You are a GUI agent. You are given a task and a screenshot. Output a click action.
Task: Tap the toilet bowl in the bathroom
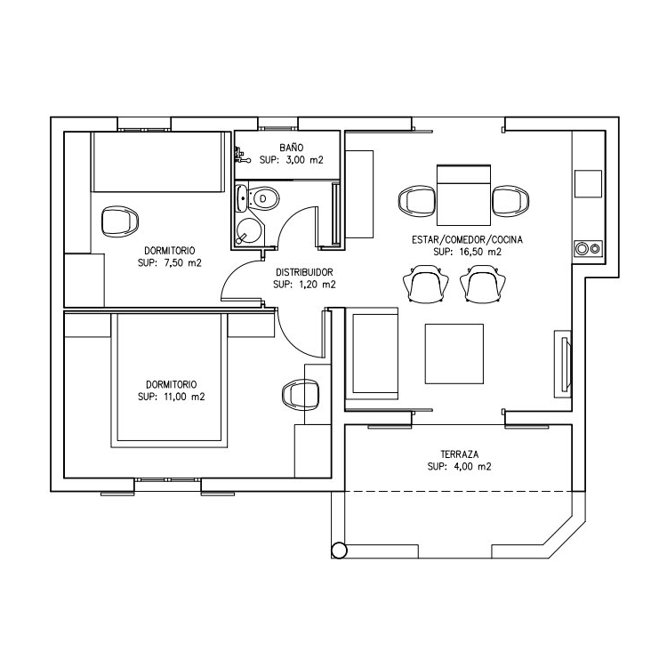(264, 198)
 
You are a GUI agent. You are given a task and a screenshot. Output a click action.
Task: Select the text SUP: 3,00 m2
(291, 160)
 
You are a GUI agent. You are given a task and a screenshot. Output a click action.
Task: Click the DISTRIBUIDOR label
(304, 272)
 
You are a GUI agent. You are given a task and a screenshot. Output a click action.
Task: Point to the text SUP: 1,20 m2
(304, 285)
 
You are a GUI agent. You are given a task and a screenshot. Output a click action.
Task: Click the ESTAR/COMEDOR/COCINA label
(467, 240)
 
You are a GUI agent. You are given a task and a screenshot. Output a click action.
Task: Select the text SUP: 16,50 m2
(467, 253)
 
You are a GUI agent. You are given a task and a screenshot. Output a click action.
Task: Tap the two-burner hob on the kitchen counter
(588, 248)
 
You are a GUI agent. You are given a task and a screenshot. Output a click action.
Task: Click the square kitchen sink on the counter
(588, 183)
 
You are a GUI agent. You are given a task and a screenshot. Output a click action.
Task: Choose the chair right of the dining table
(510, 201)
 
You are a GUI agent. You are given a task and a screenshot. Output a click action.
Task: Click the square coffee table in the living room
(454, 353)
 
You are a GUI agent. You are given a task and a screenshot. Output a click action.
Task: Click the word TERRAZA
(459, 453)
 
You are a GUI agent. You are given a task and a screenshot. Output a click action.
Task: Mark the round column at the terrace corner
(338, 549)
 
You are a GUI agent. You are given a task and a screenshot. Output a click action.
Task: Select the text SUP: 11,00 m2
(172, 397)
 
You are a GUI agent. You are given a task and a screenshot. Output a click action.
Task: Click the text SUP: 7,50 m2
(169, 263)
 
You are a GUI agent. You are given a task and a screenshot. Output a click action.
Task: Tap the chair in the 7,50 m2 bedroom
(119, 221)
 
